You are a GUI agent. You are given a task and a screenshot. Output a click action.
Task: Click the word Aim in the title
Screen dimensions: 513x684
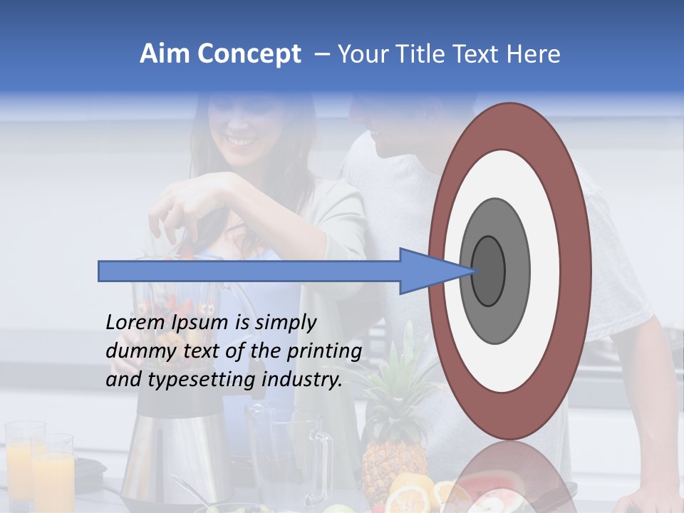[165, 54]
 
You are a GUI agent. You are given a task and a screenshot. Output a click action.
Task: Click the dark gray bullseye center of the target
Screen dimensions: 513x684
[488, 271]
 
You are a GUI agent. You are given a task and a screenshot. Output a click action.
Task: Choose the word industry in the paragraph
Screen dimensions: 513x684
[301, 380]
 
